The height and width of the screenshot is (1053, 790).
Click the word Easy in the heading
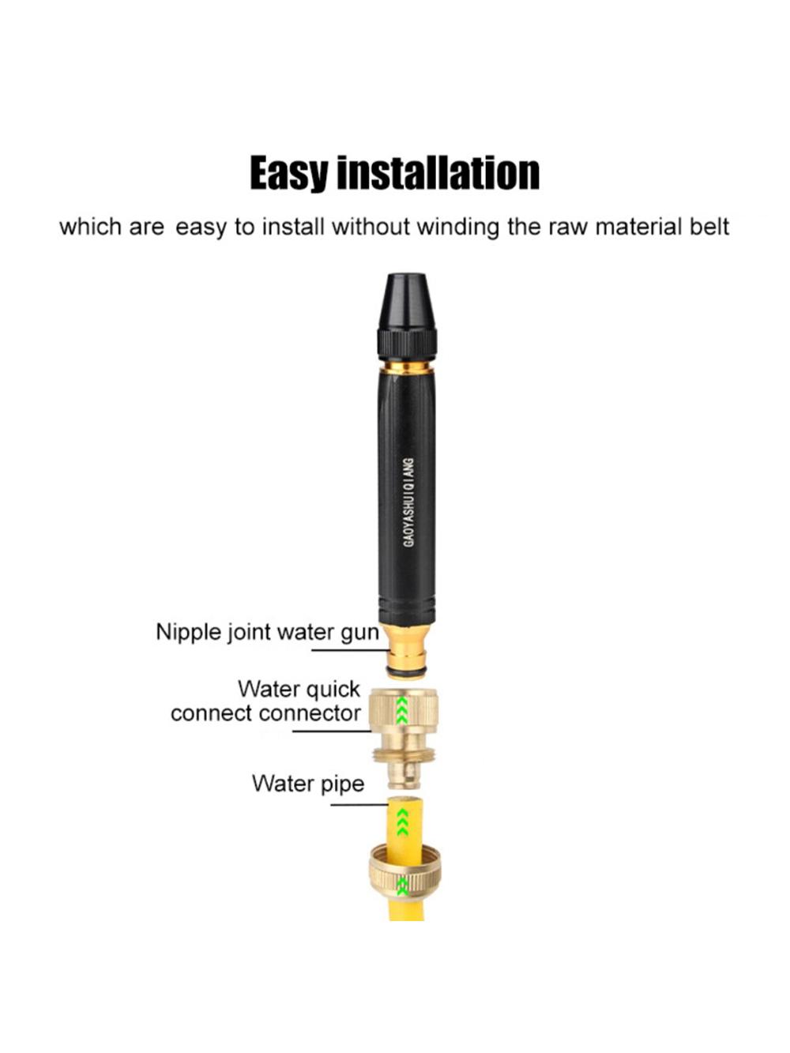point(292,173)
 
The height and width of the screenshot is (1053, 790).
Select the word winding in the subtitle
point(458,227)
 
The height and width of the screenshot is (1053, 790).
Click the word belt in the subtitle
point(710,226)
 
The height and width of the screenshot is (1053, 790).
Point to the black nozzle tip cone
point(406,301)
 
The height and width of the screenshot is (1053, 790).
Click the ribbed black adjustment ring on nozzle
point(407,344)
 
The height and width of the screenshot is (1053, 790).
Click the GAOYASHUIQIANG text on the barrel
point(408,502)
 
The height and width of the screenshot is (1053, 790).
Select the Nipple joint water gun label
point(267,633)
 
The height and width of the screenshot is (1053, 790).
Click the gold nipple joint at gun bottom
point(407,649)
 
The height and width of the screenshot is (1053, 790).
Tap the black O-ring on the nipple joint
point(406,675)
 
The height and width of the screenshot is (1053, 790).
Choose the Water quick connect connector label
point(265,701)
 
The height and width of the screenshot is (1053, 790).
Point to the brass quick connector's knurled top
point(403,708)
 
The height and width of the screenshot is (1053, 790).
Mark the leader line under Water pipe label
point(359,804)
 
